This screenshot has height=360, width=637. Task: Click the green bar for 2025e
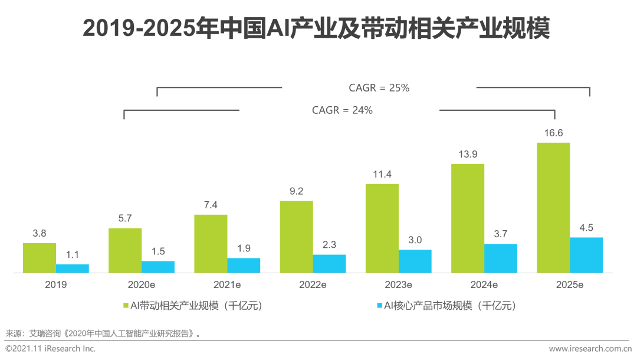click(553, 207)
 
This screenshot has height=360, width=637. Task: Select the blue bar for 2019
click(73, 269)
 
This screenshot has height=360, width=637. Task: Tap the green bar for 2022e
click(296, 237)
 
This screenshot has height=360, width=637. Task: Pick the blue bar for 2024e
click(501, 258)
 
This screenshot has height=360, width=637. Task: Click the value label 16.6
click(553, 133)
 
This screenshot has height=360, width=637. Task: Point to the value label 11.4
click(382, 175)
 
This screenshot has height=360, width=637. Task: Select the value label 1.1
click(73, 255)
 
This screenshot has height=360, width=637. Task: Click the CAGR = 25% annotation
click(379, 88)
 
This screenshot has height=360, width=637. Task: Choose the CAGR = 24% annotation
click(342, 110)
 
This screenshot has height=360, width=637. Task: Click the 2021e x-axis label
click(227, 284)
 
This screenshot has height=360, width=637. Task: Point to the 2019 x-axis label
click(56, 284)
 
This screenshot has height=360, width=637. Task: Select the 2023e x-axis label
click(398, 284)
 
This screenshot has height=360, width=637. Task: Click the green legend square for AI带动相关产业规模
click(125, 306)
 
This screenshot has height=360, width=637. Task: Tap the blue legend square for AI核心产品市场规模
click(379, 306)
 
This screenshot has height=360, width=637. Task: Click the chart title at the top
click(316, 28)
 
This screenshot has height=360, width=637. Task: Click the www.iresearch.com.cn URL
click(590, 349)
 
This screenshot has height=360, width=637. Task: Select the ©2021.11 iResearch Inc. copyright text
click(50, 349)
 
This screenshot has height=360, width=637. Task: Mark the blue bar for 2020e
click(158, 267)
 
